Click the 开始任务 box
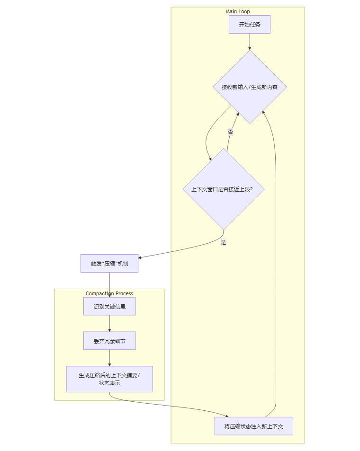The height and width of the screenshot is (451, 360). click(249, 25)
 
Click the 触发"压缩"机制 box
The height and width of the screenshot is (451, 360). click(109, 264)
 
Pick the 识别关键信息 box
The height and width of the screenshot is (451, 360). click(109, 306)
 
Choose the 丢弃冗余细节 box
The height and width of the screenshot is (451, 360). click(109, 341)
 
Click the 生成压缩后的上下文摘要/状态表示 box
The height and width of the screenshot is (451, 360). click(109, 379)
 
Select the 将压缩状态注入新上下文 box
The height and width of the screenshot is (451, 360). click(254, 426)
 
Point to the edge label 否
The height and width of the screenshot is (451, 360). click(231, 132)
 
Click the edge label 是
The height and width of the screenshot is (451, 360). click(224, 242)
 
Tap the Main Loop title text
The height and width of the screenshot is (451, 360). click(238, 11)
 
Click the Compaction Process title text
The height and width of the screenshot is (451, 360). click(109, 293)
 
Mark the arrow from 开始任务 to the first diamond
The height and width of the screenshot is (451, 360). click(249, 42)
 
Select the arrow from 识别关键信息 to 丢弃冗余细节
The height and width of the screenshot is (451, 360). click(109, 324)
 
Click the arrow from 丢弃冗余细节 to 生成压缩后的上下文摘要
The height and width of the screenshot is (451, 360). click(109, 358)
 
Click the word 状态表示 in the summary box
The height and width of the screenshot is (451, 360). click(109, 383)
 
